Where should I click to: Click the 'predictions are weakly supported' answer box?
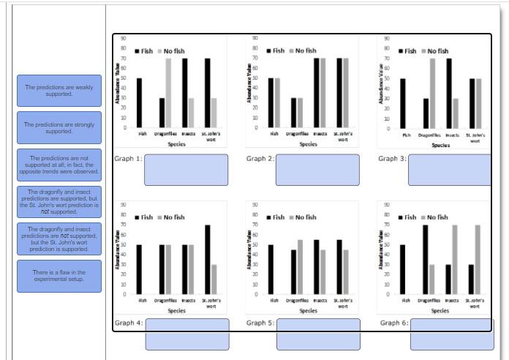point(59,91)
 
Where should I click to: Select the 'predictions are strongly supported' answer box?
point(59,128)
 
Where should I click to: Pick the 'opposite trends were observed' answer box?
point(59,165)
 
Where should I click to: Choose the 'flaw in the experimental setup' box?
point(59,276)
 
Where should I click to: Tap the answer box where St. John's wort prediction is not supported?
point(59,202)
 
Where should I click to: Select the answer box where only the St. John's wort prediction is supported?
point(59,239)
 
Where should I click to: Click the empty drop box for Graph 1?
point(186,170)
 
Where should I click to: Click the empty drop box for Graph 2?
point(317,170)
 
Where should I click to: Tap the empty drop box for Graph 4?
point(186,334)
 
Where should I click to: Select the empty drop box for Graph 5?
point(318,334)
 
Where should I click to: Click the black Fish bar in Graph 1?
point(139,103)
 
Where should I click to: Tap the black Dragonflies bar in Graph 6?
point(425,259)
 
